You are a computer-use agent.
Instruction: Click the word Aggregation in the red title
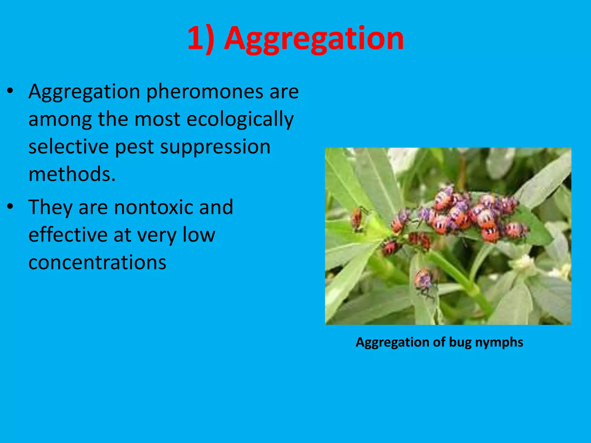pyautogui.click(x=314, y=39)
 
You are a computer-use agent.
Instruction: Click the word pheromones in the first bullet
pyautogui.click(x=205, y=92)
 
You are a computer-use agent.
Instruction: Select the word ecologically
pyautogui.click(x=240, y=119)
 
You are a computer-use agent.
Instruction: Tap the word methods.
pyautogui.click(x=72, y=174)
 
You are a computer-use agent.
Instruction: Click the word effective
pyautogui.click(x=68, y=234)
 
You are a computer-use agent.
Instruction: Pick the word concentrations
pyautogui.click(x=97, y=262)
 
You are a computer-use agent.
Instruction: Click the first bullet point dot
pyautogui.click(x=10, y=91)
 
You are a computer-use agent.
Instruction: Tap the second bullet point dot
pyautogui.click(x=10, y=207)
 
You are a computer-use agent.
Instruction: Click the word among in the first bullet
pyautogui.click(x=60, y=119)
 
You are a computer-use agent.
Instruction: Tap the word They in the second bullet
pyautogui.click(x=50, y=207)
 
